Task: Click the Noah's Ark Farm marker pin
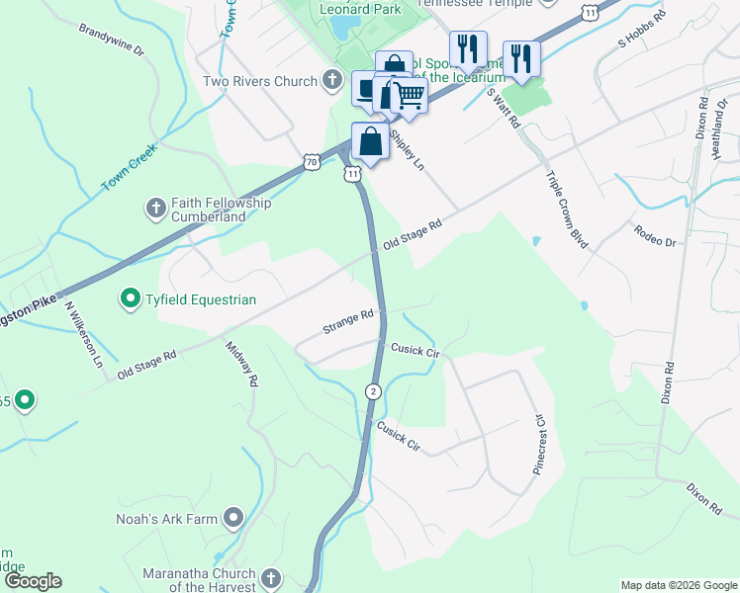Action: coord(233,517)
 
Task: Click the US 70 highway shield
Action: coord(313,160)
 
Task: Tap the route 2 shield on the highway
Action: coord(373,391)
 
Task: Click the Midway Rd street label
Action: coord(241,363)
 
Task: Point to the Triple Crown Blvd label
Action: coord(567,209)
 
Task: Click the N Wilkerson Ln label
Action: coord(83,334)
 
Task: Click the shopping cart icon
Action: coord(408,95)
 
